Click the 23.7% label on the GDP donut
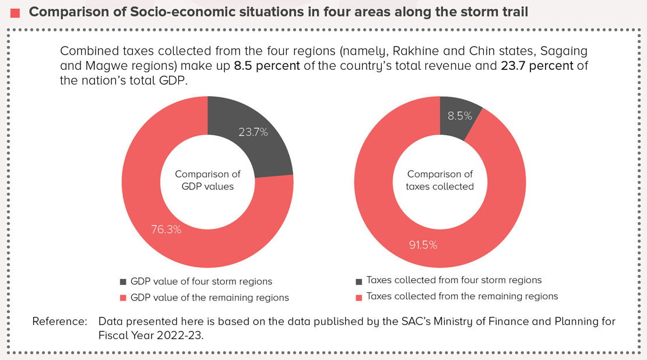coord(253,132)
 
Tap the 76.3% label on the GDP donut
coord(167,229)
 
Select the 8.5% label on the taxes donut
coord(459,116)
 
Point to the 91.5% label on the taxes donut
coord(423,245)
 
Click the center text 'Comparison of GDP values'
coord(208,181)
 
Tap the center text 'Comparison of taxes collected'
coord(440,181)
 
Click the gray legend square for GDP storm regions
coord(123,282)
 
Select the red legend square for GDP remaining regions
coord(123,298)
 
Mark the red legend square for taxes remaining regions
coord(358,297)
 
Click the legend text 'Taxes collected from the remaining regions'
coord(462,297)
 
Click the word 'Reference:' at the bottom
coord(59,321)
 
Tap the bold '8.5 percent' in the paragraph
coord(267,66)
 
